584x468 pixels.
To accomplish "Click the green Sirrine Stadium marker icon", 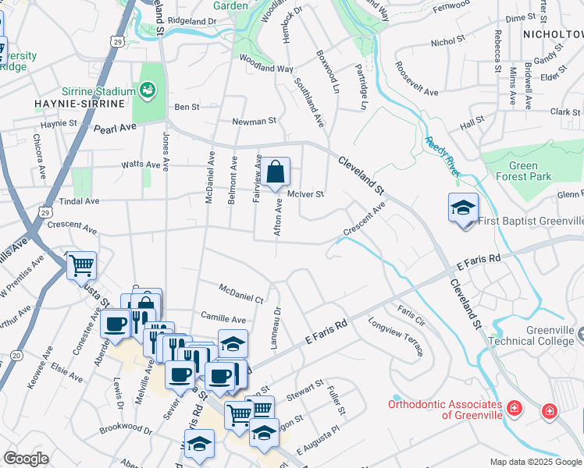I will point(146,90).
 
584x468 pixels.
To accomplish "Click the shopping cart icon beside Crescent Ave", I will point(81,265).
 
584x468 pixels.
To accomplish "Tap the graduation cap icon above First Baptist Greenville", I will point(463,207).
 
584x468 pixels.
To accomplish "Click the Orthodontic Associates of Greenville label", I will point(445,409).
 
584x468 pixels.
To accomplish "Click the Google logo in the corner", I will point(26,459).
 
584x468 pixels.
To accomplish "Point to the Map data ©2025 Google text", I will point(535,462).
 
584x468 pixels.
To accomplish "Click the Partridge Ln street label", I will point(361,87).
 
